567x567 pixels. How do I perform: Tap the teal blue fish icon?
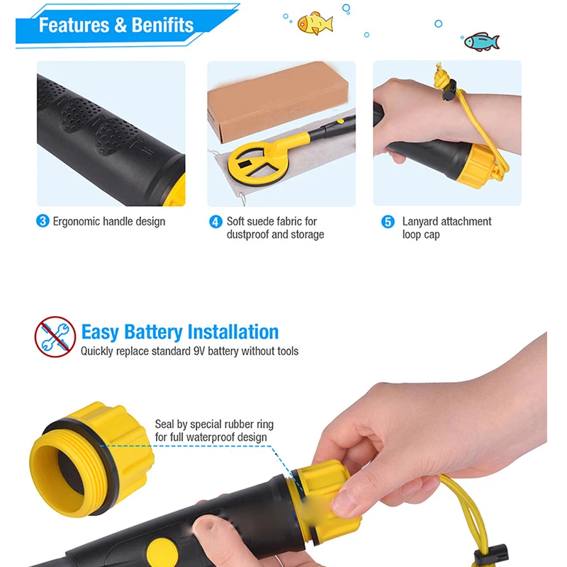[481, 42]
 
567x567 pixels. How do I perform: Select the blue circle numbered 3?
[43, 221]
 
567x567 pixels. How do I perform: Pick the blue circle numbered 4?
[215, 222]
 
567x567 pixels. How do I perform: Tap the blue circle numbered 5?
[388, 222]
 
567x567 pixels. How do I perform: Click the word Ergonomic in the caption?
[77, 221]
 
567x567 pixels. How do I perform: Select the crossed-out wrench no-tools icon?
[55, 337]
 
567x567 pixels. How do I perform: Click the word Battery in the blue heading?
[153, 332]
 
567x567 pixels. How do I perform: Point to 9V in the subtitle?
[201, 351]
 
